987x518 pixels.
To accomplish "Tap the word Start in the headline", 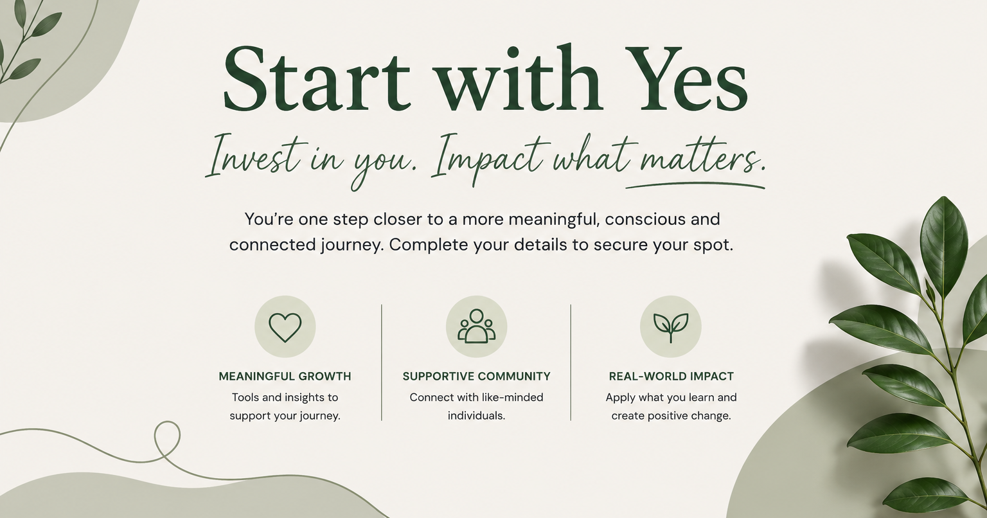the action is pos(316,78).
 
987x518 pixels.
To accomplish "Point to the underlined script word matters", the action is pos(702,159).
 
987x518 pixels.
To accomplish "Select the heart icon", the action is pos(285,326).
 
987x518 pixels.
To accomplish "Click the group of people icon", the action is pos(476,326).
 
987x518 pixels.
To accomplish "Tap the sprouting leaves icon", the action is pos(671,328).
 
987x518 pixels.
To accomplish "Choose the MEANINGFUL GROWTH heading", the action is pos(285,376).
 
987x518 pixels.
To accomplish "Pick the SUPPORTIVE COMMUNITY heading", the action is pos(476,376).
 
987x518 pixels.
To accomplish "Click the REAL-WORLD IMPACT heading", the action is pos(671,376).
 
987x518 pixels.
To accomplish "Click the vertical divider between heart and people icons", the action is pos(382,362).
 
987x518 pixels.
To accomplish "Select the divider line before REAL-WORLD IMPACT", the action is pos(571,362).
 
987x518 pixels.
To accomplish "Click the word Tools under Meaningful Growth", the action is pos(245,397).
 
